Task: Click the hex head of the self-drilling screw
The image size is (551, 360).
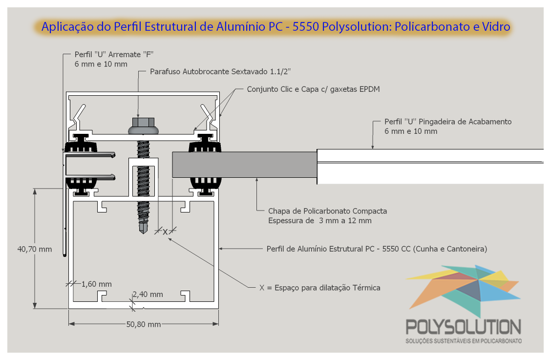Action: click(x=144, y=122)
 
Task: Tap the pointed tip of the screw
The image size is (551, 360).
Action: click(x=144, y=233)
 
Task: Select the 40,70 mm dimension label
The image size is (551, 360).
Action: click(x=34, y=249)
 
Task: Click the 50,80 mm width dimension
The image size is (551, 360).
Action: click(x=144, y=324)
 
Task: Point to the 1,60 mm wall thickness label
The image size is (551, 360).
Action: click(x=97, y=284)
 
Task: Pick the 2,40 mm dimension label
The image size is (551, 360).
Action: click(x=148, y=294)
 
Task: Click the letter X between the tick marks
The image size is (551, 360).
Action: click(x=165, y=232)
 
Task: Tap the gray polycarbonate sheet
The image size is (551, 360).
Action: click(x=245, y=165)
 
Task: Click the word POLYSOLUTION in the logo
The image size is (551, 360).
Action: click(x=464, y=327)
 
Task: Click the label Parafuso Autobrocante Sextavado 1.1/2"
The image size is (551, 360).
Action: click(x=220, y=72)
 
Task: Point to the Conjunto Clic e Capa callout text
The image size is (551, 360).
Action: click(x=314, y=89)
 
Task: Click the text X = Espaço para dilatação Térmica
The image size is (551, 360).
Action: click(x=320, y=288)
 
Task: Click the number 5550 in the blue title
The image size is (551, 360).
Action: click(x=305, y=27)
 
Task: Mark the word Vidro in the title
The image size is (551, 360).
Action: click(x=496, y=27)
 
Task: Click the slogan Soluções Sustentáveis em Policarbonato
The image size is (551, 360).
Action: click(x=464, y=341)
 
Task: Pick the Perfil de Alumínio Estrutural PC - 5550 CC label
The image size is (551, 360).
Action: click(x=377, y=249)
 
